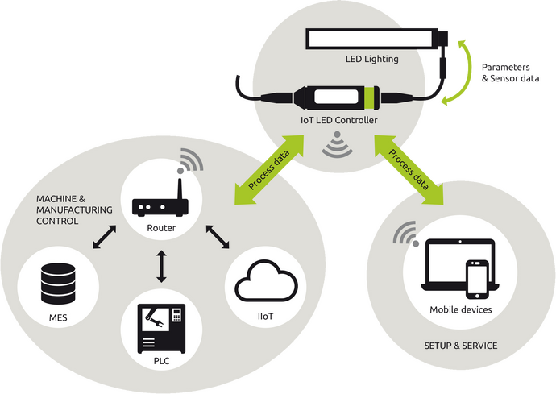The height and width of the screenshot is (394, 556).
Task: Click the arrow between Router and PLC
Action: click(x=161, y=267)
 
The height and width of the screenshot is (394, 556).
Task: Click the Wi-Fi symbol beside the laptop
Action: click(x=405, y=232)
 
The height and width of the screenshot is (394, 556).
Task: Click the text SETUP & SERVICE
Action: click(x=461, y=346)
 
